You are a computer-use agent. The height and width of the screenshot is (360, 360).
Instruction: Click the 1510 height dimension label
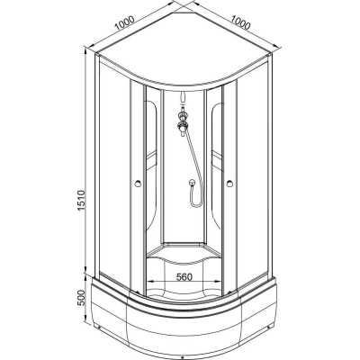[x=82, y=201]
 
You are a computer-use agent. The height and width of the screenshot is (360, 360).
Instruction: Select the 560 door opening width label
[x=184, y=276]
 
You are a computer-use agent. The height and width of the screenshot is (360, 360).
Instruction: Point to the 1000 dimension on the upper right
[x=240, y=22]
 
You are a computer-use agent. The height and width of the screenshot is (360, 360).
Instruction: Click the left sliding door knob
[x=138, y=184]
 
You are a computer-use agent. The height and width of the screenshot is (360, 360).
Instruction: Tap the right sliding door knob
[x=229, y=183]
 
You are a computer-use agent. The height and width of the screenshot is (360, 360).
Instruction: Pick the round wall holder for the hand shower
[x=191, y=182]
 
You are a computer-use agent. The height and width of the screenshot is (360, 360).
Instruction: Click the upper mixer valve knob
[x=182, y=114]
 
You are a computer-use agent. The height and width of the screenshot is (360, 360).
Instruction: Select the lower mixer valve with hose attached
[x=182, y=126]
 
